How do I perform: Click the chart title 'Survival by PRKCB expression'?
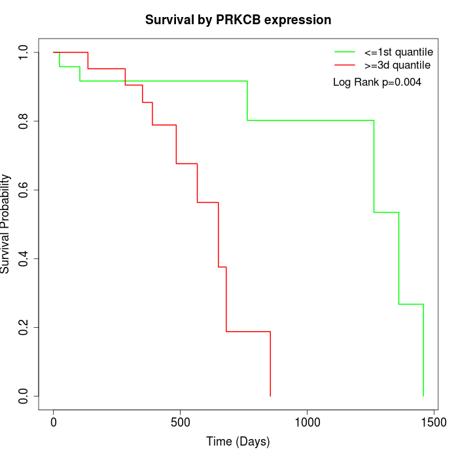pos(238,20)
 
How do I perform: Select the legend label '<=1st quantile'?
pos(398,52)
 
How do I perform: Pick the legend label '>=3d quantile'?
pos(397,65)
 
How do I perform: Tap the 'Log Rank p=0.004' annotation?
pos(377,82)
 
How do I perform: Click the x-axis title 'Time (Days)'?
pos(238,442)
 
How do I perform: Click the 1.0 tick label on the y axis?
pos(24,52)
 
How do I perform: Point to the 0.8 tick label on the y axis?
pos(24,121)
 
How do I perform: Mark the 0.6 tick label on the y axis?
pos(24,190)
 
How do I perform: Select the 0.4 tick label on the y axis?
pos(24,258)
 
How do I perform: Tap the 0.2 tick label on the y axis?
pos(24,327)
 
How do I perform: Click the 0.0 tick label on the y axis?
pos(24,396)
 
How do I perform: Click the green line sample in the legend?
pos(345,52)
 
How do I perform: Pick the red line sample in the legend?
pos(345,65)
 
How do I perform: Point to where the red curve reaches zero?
pos(270,396)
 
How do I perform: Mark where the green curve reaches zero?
pos(423,396)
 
